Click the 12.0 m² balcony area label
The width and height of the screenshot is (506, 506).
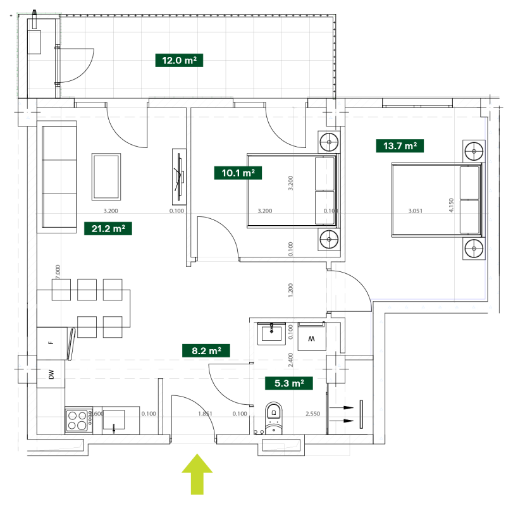[x=179, y=61]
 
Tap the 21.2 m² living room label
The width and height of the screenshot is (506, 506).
[x=108, y=228]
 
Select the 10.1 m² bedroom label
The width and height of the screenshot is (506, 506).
[x=238, y=172]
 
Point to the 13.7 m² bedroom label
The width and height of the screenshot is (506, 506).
[x=400, y=146]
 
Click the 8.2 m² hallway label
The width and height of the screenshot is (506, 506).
[x=206, y=350]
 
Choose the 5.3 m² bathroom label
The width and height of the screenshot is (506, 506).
[x=289, y=383]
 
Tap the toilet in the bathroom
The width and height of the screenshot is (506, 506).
[x=273, y=418]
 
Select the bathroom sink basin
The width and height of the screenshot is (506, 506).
[x=273, y=332]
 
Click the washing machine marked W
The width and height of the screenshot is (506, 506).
[x=311, y=336]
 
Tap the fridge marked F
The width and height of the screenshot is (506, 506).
[x=51, y=343]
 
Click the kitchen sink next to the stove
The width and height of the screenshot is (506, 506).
[x=114, y=419]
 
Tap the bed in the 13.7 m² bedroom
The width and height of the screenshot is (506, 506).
[x=436, y=199]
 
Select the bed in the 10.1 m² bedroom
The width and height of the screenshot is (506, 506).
[x=291, y=190]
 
